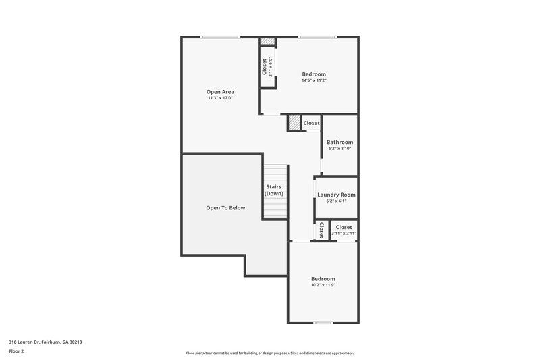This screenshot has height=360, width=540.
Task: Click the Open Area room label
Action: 219,91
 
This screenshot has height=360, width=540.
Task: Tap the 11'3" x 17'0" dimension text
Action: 219,98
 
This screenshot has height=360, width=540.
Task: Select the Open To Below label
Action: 225,208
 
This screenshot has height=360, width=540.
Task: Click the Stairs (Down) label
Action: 274,190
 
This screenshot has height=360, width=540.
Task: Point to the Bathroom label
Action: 340,143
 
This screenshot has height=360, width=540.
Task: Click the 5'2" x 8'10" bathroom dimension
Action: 340,149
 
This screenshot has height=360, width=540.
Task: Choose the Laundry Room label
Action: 336,195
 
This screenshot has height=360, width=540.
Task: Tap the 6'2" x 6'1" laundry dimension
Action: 336,201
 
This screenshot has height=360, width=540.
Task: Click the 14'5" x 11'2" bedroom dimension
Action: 314,80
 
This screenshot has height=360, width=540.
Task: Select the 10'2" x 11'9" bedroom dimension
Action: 323,285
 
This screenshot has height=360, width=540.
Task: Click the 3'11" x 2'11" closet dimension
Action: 344,234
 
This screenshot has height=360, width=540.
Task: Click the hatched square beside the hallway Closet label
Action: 294,123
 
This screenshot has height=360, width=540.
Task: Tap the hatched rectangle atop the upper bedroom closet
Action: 268,41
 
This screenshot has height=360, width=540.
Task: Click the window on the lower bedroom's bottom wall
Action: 323,322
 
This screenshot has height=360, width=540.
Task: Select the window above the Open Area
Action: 219,37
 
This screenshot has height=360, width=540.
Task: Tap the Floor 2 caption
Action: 17,351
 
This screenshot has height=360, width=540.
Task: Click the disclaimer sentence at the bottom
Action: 269,353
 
